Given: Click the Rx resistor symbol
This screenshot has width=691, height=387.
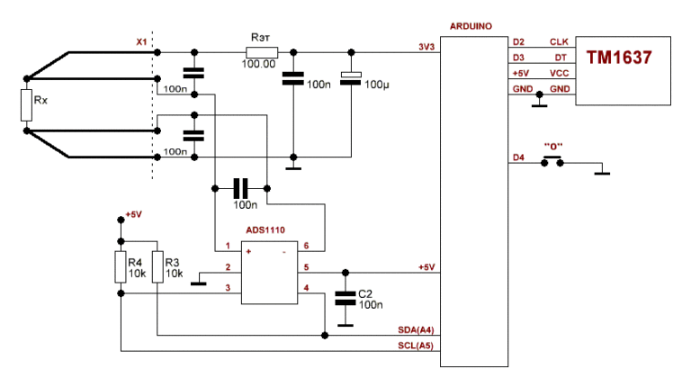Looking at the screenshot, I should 27,105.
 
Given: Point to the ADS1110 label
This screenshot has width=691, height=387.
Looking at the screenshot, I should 265,231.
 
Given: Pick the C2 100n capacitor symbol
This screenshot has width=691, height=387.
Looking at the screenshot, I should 344,298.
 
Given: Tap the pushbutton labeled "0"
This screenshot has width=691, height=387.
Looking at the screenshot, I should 552,162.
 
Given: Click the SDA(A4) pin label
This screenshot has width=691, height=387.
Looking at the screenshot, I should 416,330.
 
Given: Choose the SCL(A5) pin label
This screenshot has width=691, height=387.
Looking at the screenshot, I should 416,346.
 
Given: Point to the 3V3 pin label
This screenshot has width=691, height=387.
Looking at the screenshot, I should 426,45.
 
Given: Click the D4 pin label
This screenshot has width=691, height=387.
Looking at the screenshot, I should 518,157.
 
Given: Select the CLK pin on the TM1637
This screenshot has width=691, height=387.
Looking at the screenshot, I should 558,42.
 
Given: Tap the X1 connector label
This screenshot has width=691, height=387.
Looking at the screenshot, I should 140,41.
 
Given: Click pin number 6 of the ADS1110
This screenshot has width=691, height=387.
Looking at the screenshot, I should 306,246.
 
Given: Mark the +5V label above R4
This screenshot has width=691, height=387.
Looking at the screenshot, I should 133,214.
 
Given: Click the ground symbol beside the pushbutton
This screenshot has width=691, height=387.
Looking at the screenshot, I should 602,171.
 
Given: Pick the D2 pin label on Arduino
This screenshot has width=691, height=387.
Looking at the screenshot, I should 518,42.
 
